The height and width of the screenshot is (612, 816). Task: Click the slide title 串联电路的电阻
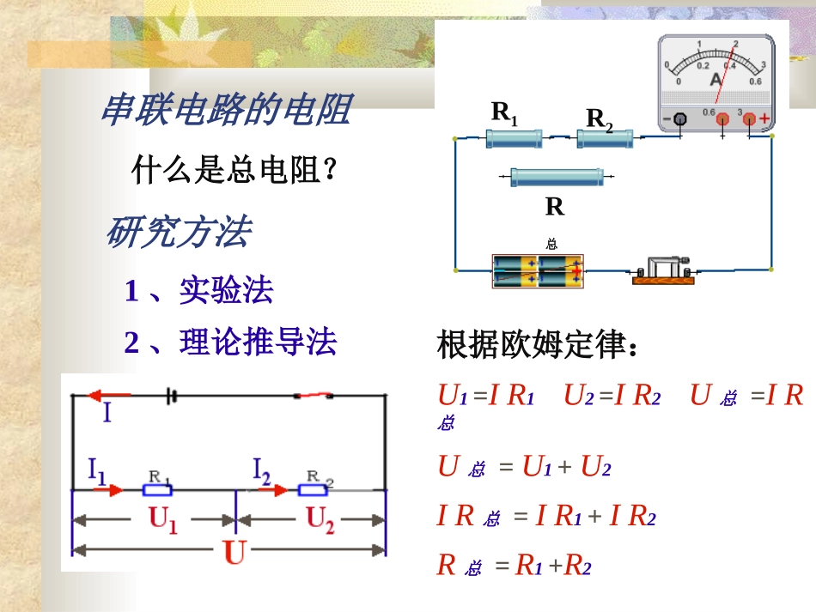[226, 111]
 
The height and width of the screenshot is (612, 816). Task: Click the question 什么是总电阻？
[233, 170]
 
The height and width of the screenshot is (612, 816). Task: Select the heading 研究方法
[178, 233]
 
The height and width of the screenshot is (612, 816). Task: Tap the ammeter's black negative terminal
[679, 118]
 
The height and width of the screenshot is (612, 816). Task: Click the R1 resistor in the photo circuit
[514, 136]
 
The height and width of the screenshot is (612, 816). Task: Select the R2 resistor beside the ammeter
[605, 137]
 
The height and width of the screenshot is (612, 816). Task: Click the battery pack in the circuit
[538, 270]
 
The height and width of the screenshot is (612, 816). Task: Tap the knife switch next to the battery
[663, 270]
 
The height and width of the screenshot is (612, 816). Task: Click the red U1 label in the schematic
[163, 520]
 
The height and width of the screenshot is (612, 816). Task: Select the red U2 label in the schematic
[320, 520]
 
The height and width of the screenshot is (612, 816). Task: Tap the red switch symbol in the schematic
[314, 396]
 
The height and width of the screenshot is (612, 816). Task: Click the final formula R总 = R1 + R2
[514, 565]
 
